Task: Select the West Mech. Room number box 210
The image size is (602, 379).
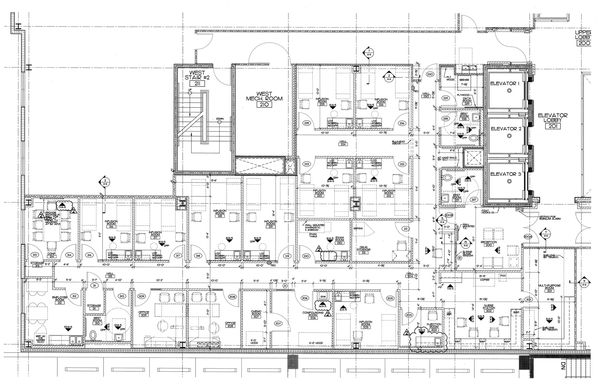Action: click(264, 105)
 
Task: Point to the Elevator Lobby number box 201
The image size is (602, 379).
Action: click(553, 126)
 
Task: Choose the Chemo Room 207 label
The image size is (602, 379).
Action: click(256, 314)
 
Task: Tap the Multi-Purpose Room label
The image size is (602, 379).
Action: click(549, 287)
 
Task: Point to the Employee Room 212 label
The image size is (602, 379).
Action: click(60, 300)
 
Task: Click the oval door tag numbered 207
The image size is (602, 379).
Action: click(278, 323)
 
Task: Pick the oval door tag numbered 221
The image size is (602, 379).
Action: click(406, 229)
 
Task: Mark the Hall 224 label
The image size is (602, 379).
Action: click(343, 143)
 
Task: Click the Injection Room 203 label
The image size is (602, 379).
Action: click(434, 327)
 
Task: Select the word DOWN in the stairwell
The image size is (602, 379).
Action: click(220, 119)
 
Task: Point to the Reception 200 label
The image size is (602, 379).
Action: click(489, 243)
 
